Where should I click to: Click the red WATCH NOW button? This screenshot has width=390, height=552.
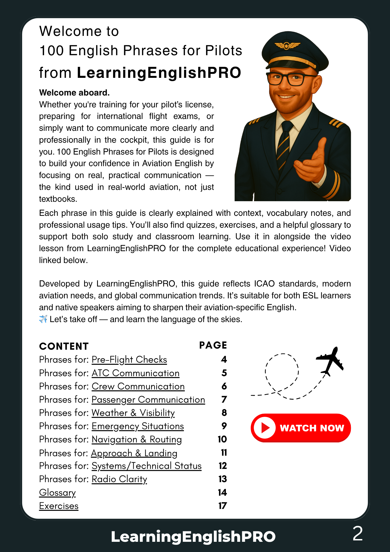(301, 428)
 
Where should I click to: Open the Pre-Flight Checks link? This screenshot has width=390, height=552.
(129, 360)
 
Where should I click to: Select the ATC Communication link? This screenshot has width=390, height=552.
(135, 373)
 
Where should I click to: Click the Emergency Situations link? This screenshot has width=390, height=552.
(138, 426)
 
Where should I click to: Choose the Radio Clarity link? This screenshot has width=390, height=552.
(119, 479)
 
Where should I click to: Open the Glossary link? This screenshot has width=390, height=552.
(57, 493)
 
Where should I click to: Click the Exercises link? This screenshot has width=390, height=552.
(59, 506)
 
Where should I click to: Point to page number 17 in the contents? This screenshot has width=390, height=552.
(223, 506)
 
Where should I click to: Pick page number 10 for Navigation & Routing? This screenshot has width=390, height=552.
(222, 439)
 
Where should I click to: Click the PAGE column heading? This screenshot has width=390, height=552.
(213, 345)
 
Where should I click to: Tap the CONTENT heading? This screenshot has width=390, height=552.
(64, 346)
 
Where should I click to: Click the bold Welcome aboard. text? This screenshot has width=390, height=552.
(74, 93)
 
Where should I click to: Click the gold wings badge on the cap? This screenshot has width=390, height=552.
(287, 45)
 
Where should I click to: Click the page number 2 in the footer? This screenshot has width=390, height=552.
(358, 534)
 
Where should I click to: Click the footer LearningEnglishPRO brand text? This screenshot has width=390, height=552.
(193, 537)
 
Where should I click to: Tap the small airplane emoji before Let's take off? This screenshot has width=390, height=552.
(43, 319)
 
